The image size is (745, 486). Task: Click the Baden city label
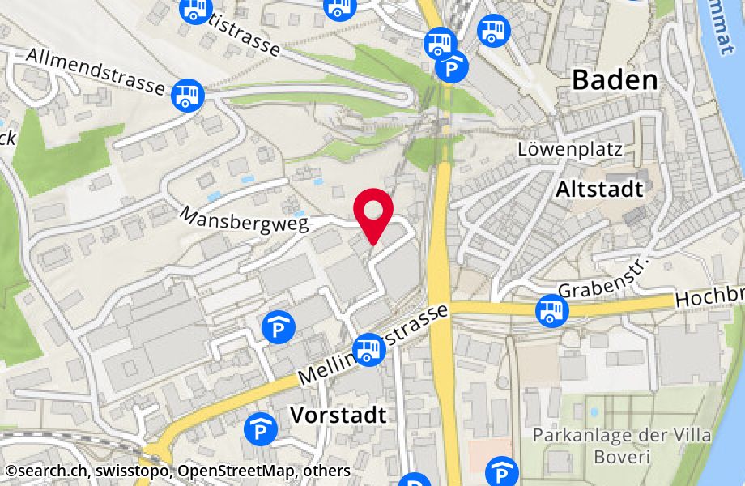click(x=615, y=79)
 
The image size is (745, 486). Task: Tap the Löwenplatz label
click(x=570, y=149)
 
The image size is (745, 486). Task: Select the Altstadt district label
click(x=599, y=190)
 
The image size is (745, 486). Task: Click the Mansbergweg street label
click(x=245, y=219)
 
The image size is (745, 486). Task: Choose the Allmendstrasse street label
click(x=95, y=70)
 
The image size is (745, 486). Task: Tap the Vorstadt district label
click(x=338, y=416)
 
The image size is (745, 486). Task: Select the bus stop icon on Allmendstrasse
click(x=188, y=94)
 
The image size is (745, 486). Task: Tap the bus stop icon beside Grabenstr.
click(x=552, y=310)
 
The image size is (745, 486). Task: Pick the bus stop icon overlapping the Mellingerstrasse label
click(x=368, y=349)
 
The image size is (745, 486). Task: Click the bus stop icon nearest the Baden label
click(x=492, y=32)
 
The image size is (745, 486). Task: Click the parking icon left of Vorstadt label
click(x=261, y=429)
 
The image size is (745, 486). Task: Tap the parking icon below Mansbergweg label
click(x=279, y=327)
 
